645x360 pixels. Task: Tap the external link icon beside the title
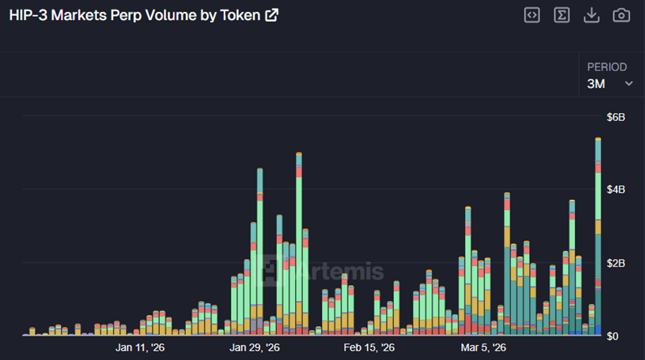[x=271, y=15]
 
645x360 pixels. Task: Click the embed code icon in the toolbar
[x=532, y=15]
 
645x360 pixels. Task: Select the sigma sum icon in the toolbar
[x=562, y=15]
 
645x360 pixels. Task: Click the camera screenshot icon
[x=621, y=15]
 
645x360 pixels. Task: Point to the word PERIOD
[x=607, y=67]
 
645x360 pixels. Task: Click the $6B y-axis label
[x=615, y=117]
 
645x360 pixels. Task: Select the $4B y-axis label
[x=615, y=190]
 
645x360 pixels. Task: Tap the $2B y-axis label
[x=615, y=263]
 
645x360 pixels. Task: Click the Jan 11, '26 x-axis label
[x=140, y=347]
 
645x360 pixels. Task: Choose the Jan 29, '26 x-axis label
[x=254, y=347]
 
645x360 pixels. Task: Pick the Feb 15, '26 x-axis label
[x=369, y=347]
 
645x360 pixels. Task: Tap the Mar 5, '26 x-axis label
[x=483, y=347]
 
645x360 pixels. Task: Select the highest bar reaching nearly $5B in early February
[x=299, y=245]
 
